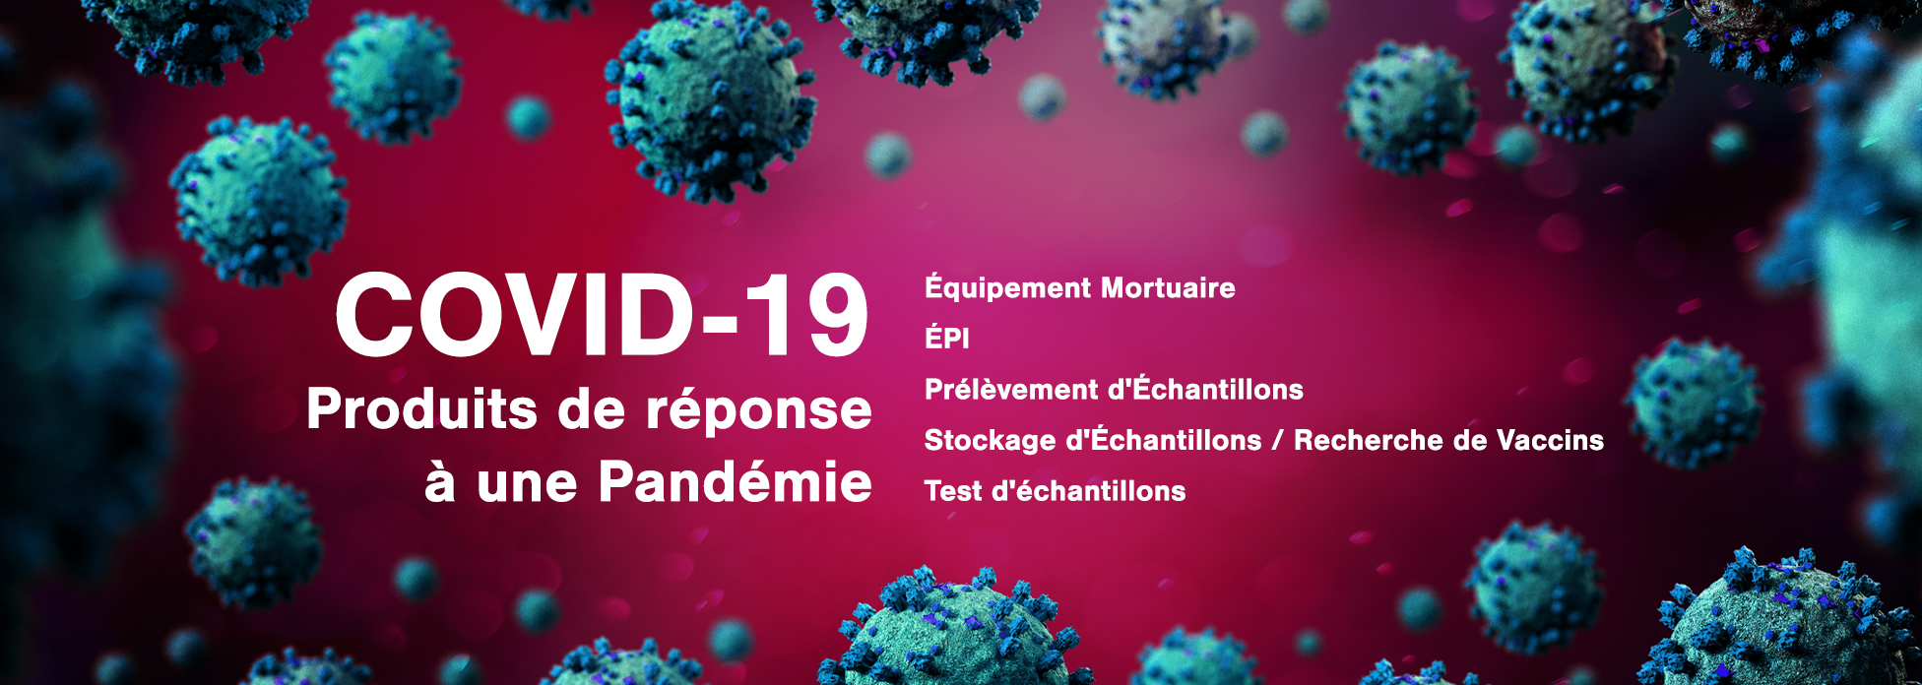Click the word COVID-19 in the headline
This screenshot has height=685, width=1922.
coord(603,315)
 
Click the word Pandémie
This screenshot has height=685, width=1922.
coord(736,482)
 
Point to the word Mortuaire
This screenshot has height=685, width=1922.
coord(1168,288)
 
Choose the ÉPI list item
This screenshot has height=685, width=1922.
coord(947,337)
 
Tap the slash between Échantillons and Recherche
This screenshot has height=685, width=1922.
coord(1277,440)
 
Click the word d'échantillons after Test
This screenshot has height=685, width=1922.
coord(1088,490)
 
